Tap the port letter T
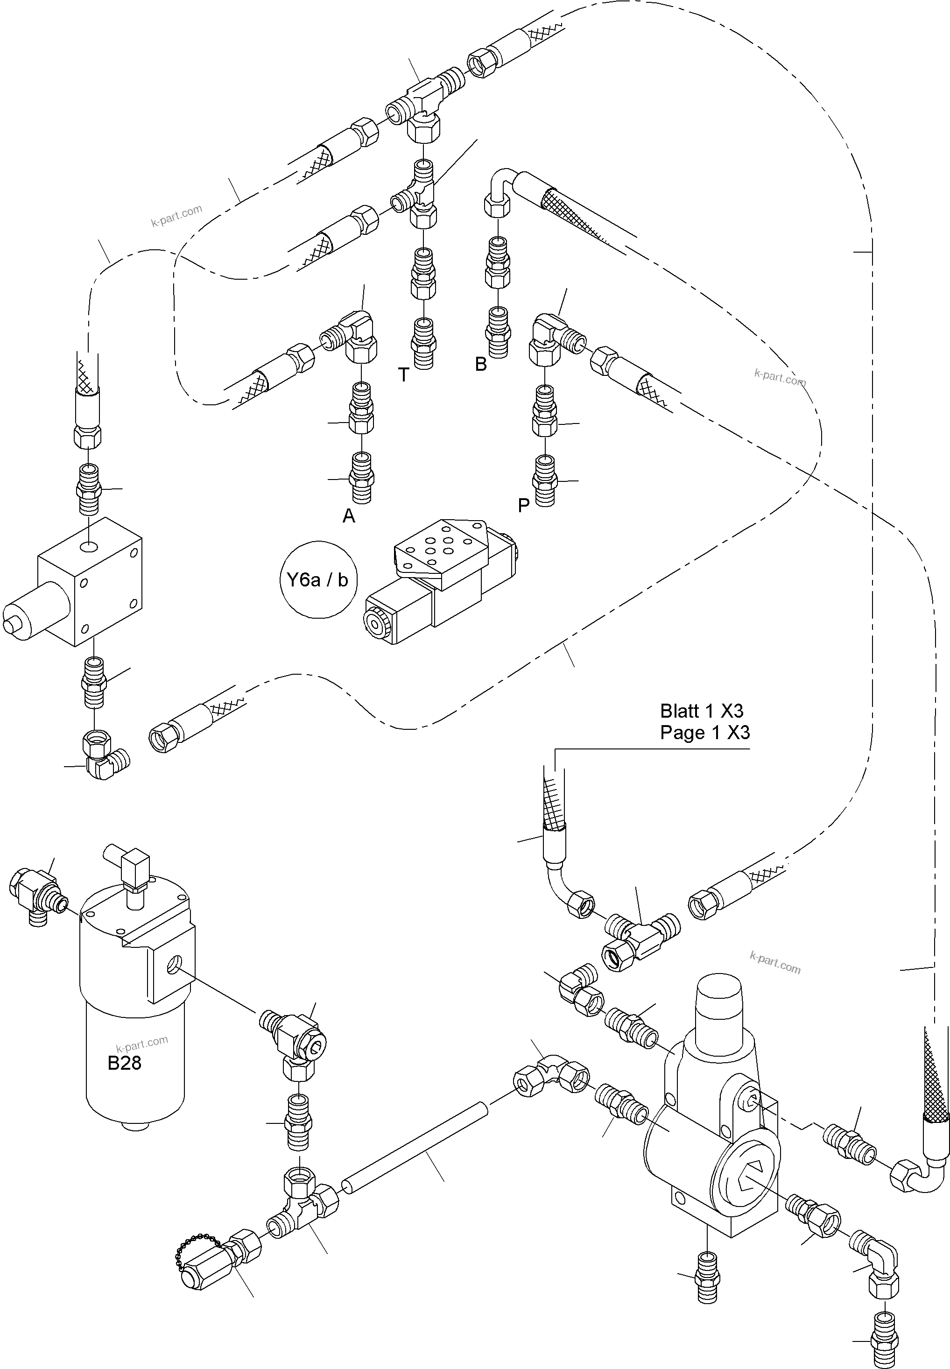pyautogui.click(x=403, y=375)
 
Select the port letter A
pyautogui.click(x=348, y=516)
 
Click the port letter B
pyautogui.click(x=480, y=364)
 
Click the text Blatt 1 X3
pyautogui.click(x=701, y=711)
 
